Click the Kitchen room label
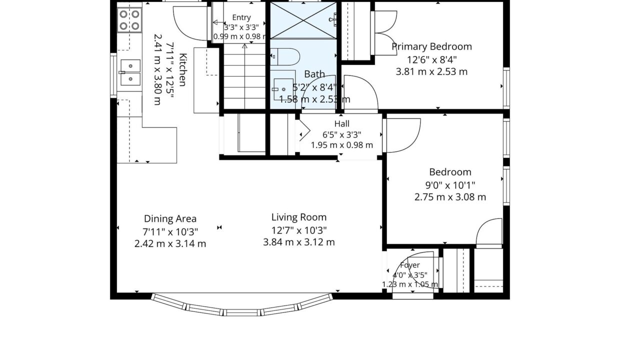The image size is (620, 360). pos(183,69)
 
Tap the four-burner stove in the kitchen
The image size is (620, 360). pos(129,20)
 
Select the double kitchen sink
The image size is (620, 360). pos(130,72)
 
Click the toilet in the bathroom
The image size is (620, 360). pos(285,56)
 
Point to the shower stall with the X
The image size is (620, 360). pos(303,20)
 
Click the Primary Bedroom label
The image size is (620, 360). pos(431,46)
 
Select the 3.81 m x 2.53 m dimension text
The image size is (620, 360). pos(431,71)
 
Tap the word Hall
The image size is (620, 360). pos(342,123)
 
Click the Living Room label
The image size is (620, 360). pos(299,217)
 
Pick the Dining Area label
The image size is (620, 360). pos(170,218)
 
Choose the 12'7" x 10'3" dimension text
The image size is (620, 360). pos(299,230)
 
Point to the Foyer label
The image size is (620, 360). pos(410,265)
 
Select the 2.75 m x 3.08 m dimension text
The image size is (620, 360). pos(450,197)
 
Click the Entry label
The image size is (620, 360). pos(241,17)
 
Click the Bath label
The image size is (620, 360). pos(314,74)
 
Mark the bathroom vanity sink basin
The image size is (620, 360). pos(283,89)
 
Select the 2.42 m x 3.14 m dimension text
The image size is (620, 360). pos(170,244)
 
